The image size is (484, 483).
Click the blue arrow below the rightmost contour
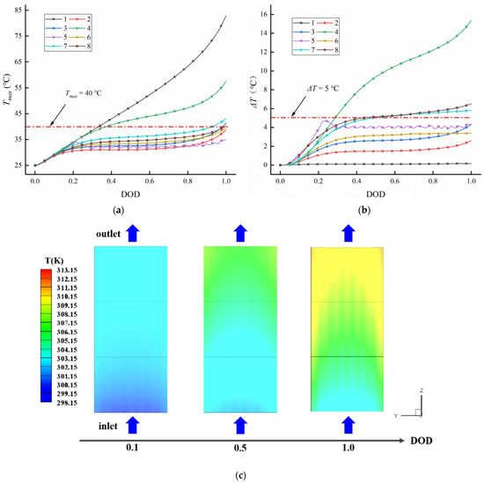(347, 426)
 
